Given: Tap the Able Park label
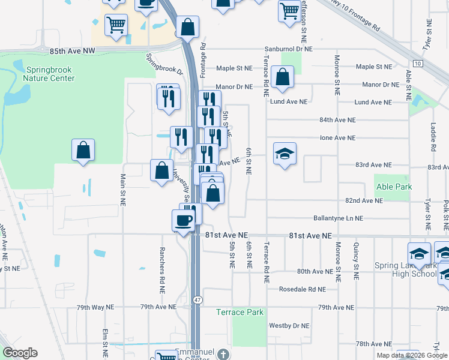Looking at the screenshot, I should (394, 187).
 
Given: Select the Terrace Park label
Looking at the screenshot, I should (240, 312).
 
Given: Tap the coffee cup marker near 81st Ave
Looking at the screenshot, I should (184, 220).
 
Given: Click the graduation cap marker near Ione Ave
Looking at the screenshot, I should (285, 153).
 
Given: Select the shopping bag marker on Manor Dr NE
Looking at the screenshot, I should (282, 77).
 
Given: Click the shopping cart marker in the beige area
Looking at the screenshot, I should (116, 25).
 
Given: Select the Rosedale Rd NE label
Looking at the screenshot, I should (302, 289).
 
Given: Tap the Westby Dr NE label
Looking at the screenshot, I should (289, 326).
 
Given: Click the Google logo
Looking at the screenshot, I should (20, 353).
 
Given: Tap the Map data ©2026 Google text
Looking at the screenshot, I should (412, 355).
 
